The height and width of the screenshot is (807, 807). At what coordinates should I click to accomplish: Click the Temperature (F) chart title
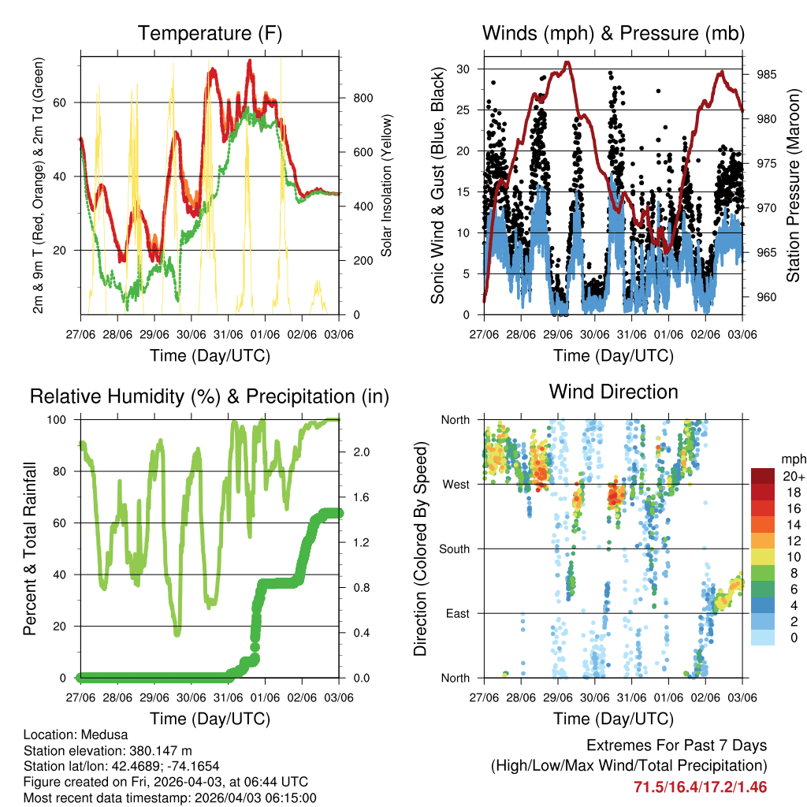(x=210, y=34)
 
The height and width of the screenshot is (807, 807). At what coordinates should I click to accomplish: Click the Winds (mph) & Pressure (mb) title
(x=613, y=34)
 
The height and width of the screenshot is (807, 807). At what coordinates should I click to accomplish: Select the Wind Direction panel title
(x=613, y=392)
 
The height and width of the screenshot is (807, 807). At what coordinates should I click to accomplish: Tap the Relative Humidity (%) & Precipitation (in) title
(x=210, y=396)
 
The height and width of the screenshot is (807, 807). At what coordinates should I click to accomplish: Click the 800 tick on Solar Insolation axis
(x=361, y=99)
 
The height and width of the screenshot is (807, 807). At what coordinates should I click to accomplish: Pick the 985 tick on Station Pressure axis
(x=767, y=75)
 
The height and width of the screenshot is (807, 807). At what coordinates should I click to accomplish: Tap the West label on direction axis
(x=456, y=485)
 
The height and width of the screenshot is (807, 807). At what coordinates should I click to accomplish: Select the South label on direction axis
(x=454, y=549)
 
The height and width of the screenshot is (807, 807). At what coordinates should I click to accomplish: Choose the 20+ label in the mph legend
(x=794, y=477)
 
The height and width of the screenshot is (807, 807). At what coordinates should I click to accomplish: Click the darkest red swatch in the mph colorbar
(x=763, y=477)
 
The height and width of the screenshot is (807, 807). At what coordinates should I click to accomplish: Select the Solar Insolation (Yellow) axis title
(x=387, y=185)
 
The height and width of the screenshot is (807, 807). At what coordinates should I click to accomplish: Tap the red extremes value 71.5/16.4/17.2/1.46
(x=700, y=787)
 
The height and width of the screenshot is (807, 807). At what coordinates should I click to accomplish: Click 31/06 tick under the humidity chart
(x=229, y=697)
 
